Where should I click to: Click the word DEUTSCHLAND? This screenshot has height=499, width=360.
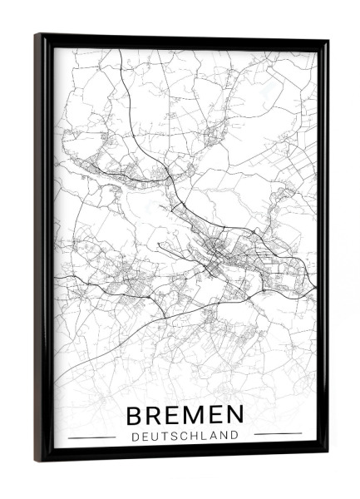click(185, 434)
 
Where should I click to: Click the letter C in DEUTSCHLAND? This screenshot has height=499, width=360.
click(183, 434)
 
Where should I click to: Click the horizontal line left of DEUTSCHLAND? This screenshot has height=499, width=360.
click(91, 436)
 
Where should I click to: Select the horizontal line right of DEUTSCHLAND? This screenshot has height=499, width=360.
click(278, 433)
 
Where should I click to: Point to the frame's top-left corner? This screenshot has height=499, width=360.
click(36, 35)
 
